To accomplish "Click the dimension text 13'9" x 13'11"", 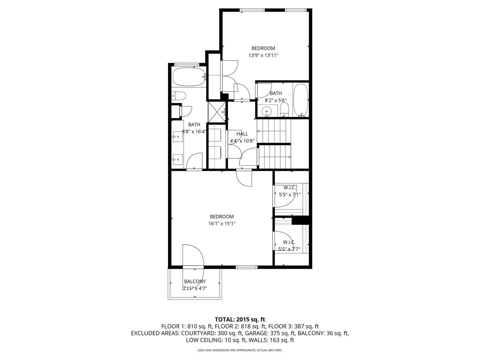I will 263,55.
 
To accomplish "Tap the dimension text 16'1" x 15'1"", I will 222,224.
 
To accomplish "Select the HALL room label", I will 242,134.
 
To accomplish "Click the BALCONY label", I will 195,282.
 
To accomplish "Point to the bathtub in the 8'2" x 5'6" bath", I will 300,100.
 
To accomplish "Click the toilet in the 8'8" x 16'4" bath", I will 179,96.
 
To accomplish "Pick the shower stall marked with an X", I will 217,112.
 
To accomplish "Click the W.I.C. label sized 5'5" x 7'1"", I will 290,188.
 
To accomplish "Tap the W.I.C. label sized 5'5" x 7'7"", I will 289,242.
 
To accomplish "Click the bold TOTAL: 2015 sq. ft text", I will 240,319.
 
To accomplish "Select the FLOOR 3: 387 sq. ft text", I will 293,326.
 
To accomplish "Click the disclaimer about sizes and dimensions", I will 240,350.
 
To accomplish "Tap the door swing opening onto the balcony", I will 193,256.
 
